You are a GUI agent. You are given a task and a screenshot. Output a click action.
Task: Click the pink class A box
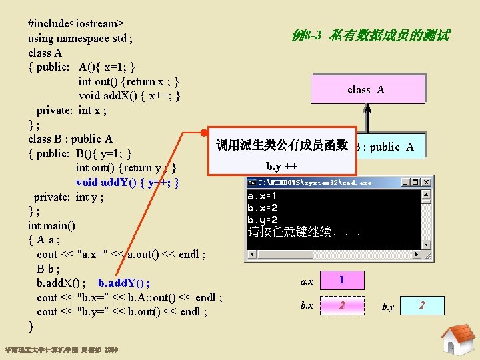tap(366, 89)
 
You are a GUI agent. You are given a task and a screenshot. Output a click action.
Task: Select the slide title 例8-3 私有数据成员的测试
tap(371, 35)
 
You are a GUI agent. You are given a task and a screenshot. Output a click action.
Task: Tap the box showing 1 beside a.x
tap(342, 280)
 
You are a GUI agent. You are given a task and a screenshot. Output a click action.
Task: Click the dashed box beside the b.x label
tap(342, 305)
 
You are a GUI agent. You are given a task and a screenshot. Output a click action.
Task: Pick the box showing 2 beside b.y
tap(421, 306)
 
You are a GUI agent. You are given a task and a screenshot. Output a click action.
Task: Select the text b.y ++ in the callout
tap(282, 165)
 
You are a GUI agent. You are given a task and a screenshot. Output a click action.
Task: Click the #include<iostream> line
tap(71, 23)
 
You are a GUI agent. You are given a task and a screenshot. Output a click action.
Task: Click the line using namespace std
tap(79, 38)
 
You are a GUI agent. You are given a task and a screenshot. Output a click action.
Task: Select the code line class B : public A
tap(70, 139)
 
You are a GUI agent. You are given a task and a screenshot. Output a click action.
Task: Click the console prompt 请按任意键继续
tap(303, 232)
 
